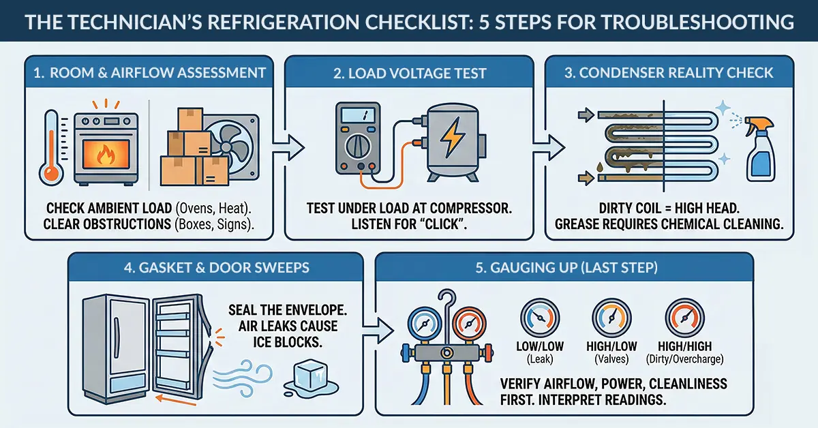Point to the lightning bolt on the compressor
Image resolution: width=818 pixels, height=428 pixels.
pyautogui.click(x=452, y=139)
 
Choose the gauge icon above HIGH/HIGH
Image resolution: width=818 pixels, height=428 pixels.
pyautogui.click(x=683, y=318)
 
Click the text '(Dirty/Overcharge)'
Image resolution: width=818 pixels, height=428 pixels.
pyautogui.click(x=683, y=358)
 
